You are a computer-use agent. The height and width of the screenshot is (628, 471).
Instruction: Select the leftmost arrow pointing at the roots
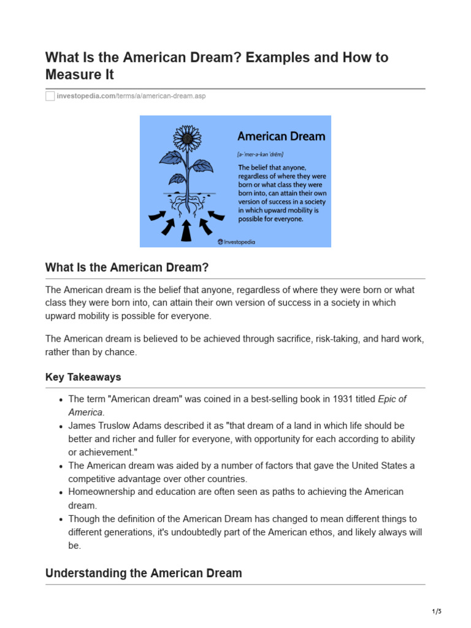[x=156, y=216]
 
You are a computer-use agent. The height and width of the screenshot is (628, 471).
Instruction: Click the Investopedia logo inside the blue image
[x=236, y=242]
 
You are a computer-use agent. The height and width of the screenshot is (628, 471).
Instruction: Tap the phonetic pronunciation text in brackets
[x=260, y=154]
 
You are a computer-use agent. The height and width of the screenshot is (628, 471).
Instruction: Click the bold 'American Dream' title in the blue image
[x=281, y=136]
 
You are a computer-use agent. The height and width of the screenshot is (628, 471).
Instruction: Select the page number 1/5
[x=436, y=611]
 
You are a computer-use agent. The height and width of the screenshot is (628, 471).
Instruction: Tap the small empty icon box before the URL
[x=50, y=97]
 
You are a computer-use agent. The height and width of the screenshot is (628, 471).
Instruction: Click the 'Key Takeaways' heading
[x=83, y=377]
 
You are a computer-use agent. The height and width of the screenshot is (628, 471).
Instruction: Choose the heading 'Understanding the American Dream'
[x=144, y=573]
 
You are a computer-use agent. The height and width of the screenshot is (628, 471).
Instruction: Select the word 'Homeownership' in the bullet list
[x=99, y=492]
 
